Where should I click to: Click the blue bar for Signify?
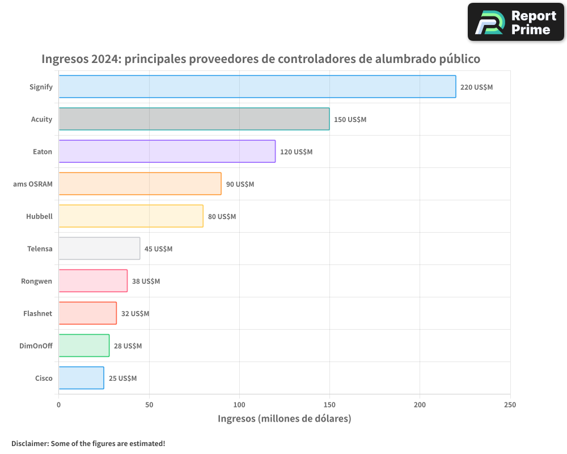[x=257, y=87]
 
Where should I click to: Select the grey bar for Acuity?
[x=194, y=119]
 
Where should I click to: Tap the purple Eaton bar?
[x=167, y=152]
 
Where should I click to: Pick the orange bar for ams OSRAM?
[x=140, y=184]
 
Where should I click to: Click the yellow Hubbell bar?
[x=131, y=216]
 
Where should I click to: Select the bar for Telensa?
[x=99, y=249]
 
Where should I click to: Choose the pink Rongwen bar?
[x=93, y=281]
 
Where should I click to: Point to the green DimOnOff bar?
[x=84, y=346]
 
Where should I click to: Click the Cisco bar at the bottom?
[x=81, y=378]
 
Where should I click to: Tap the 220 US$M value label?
[x=476, y=87]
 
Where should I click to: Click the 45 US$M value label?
[x=158, y=249]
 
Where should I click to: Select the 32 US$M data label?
[x=135, y=314]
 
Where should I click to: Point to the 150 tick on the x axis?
[x=329, y=405]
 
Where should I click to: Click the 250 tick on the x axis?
[x=510, y=405]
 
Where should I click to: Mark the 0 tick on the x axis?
[x=59, y=405]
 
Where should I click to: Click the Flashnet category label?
[x=38, y=314]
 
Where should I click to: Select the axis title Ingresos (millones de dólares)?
[x=285, y=419]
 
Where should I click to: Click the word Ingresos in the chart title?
[x=65, y=59]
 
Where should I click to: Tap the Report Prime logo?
[x=515, y=22]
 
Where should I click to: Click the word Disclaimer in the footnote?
[x=29, y=443]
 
